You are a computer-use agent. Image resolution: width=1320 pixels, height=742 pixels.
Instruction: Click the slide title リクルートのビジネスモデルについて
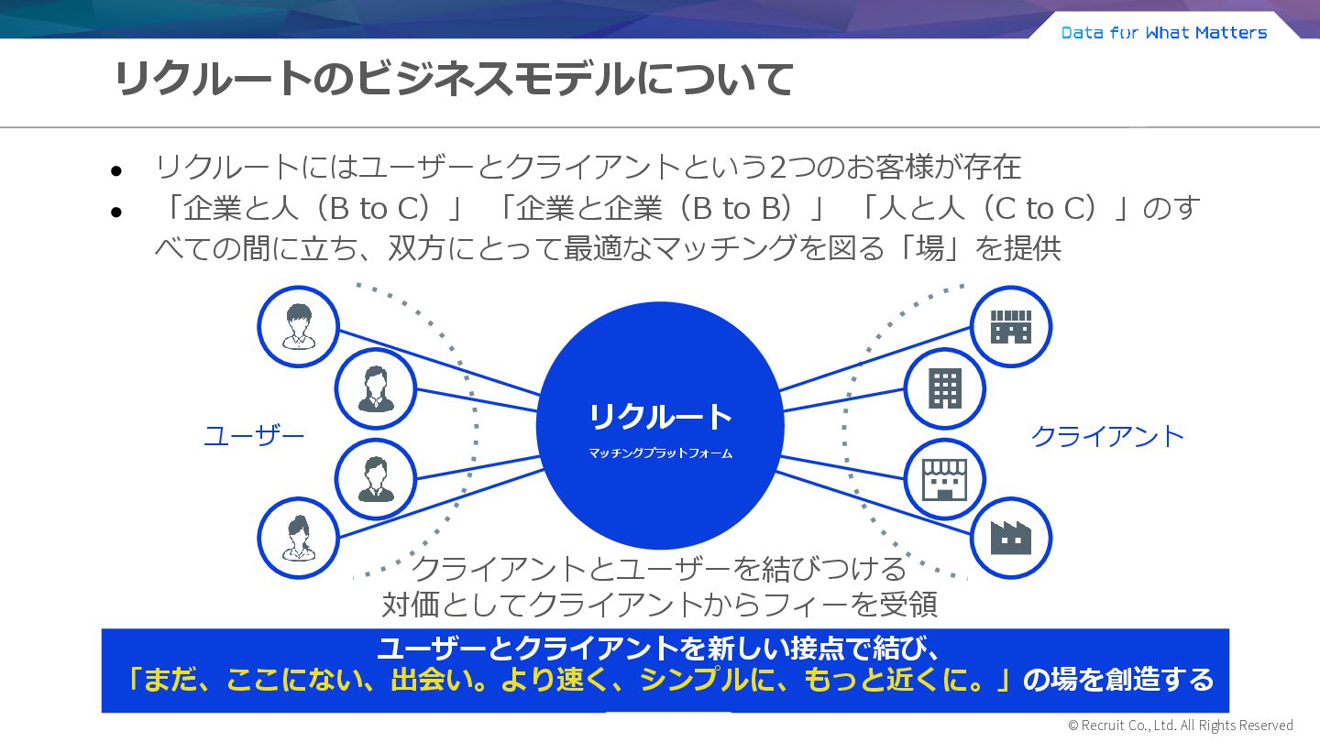point(453,80)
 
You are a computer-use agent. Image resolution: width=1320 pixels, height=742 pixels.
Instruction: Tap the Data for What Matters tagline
point(1164,33)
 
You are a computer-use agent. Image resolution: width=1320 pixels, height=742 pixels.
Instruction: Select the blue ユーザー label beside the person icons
point(254,436)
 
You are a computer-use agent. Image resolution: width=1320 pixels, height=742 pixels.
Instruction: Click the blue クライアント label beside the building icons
point(1107,436)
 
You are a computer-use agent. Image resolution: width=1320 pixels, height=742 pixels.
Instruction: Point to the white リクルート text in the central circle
point(660,417)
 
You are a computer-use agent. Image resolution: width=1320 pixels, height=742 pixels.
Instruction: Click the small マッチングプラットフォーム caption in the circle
point(660,453)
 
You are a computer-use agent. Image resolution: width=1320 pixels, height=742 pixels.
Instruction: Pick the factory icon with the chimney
point(1010,538)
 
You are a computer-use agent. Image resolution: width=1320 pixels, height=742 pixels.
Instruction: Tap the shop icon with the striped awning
point(944,479)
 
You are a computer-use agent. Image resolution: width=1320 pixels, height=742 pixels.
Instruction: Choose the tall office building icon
point(944,388)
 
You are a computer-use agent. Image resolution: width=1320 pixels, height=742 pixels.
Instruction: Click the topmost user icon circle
point(298,327)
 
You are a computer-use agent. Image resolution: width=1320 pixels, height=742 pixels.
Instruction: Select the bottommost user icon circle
point(298,538)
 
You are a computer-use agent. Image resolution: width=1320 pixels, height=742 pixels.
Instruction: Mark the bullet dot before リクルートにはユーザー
point(116,171)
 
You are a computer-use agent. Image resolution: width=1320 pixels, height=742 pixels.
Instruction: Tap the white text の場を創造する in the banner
point(1118,680)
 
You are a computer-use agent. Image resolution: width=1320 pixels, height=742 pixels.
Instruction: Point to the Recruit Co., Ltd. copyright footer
point(1181,726)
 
